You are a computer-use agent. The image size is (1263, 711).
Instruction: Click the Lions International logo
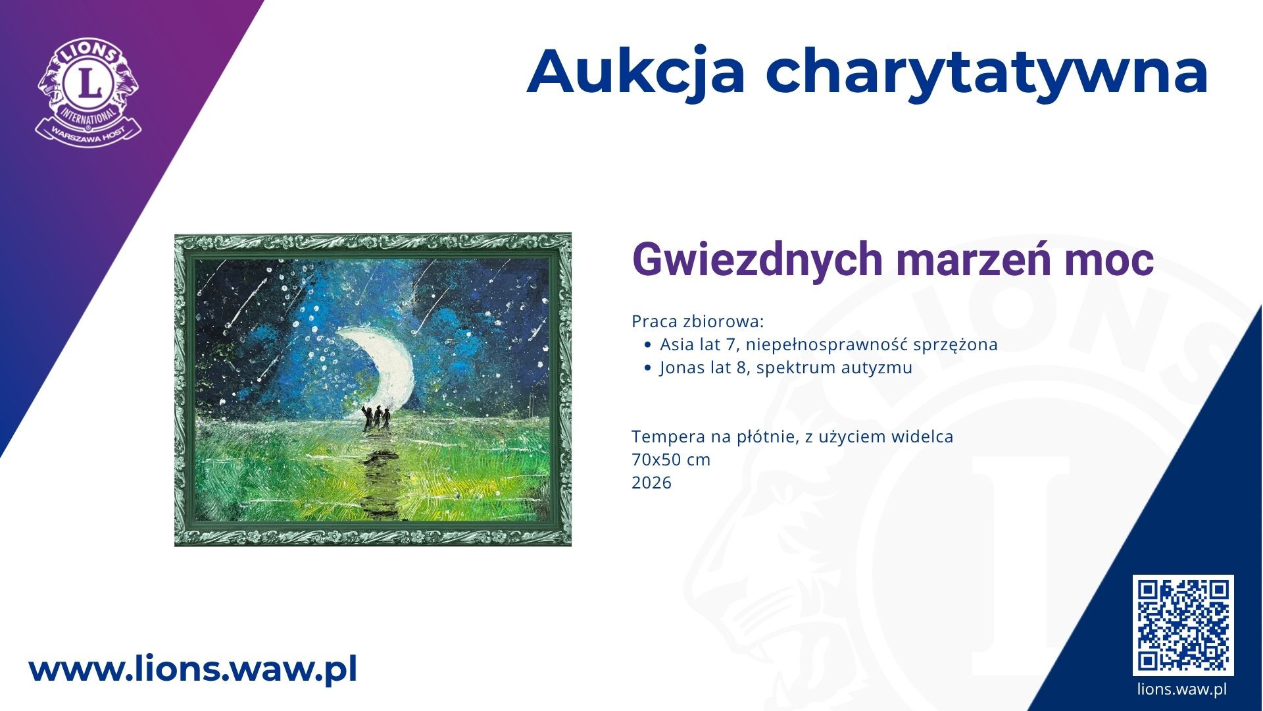tap(89, 92)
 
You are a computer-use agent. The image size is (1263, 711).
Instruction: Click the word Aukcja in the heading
tap(636, 72)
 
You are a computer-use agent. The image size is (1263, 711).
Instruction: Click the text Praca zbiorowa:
tap(698, 321)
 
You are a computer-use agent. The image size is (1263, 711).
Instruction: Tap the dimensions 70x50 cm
tap(671, 460)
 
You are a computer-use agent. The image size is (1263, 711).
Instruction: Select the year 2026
tap(651, 483)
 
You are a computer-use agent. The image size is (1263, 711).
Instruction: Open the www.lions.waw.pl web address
tap(193, 670)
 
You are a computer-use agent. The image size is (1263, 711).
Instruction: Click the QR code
tap(1183, 625)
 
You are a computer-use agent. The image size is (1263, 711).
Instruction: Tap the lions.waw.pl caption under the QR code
tap(1182, 689)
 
